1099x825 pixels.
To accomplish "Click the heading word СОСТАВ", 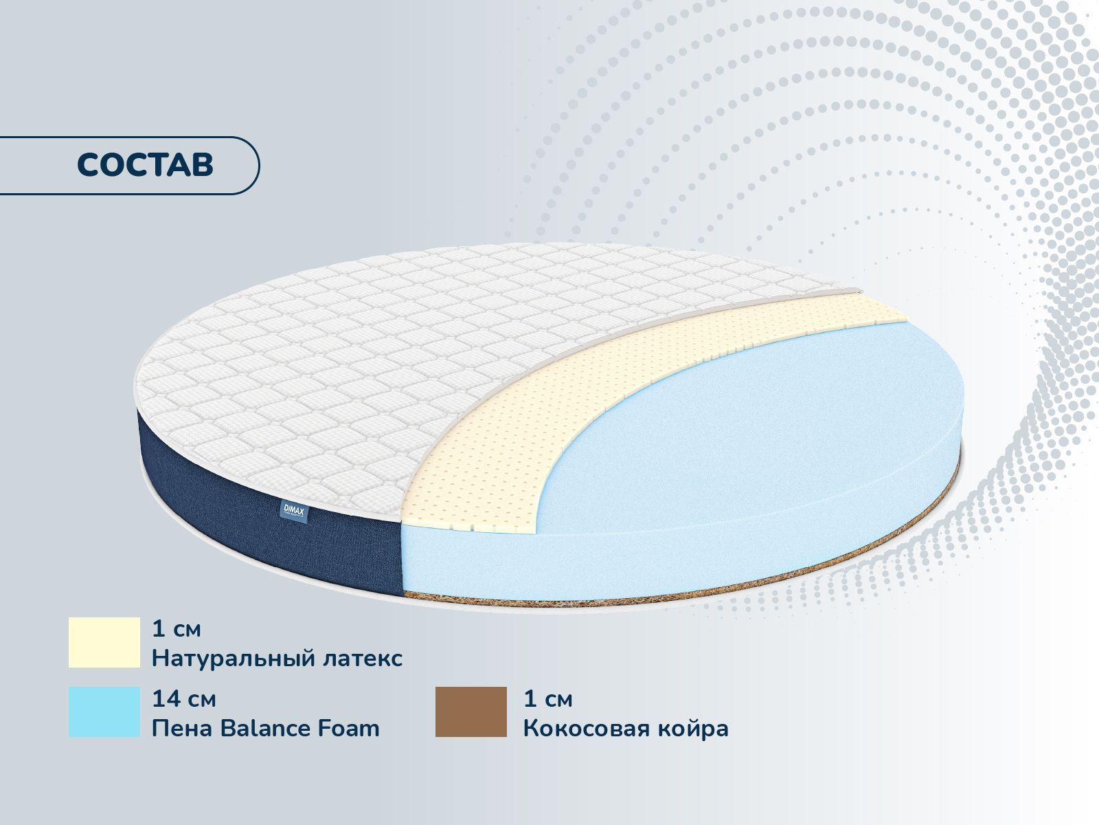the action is click(x=145, y=165).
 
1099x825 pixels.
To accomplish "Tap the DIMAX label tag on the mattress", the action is click(x=294, y=512).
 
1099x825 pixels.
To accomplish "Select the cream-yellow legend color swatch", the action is click(x=104, y=643).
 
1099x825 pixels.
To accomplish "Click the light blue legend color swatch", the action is click(x=104, y=712).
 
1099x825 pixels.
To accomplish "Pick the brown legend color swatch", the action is click(x=471, y=712).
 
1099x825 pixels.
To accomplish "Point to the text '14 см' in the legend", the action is click(x=184, y=698).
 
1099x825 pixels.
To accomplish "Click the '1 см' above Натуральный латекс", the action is click(x=177, y=629).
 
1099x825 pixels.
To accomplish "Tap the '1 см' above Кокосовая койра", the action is click(x=547, y=698).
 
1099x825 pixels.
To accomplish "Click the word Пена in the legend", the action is click(x=181, y=728).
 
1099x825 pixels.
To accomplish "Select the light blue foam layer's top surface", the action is click(x=751, y=426).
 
